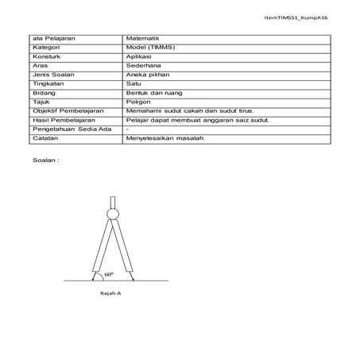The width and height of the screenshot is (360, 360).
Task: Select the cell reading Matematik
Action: click(x=144, y=38)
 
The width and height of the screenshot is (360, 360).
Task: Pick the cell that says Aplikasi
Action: click(x=141, y=56)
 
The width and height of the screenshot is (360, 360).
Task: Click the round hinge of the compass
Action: click(x=112, y=213)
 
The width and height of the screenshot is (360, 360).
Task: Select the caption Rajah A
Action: click(x=112, y=293)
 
